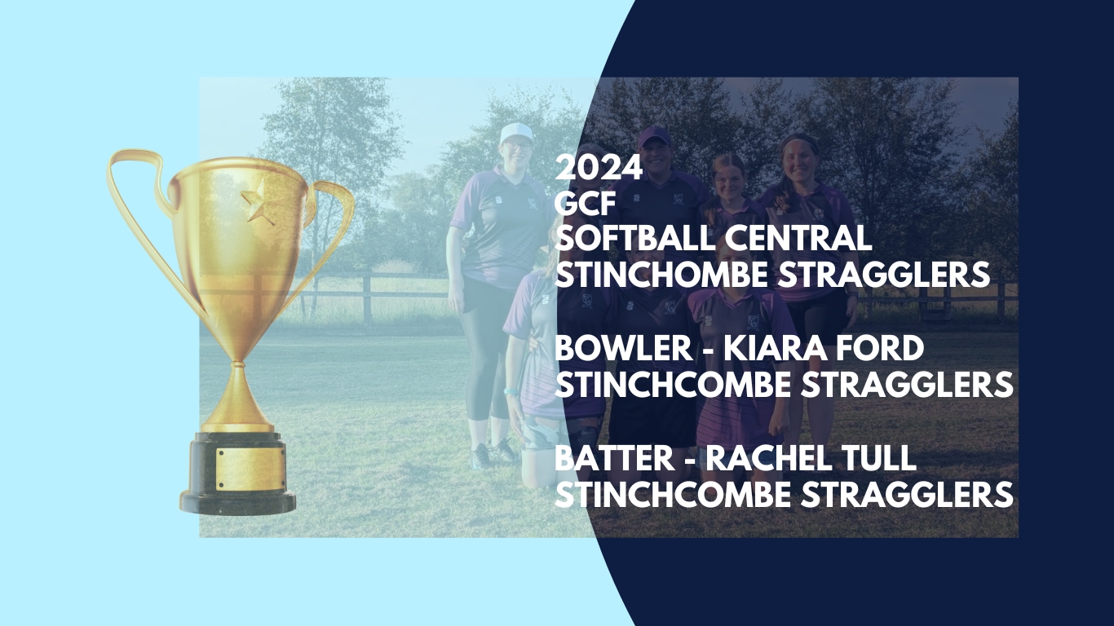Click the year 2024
(x=599, y=168)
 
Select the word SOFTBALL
(x=630, y=239)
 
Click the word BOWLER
(x=624, y=348)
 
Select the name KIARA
(x=770, y=348)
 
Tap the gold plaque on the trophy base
(x=250, y=469)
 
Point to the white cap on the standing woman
(x=516, y=133)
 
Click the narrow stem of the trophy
(x=239, y=393)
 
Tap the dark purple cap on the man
(x=654, y=137)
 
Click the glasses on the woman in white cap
(x=517, y=146)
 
